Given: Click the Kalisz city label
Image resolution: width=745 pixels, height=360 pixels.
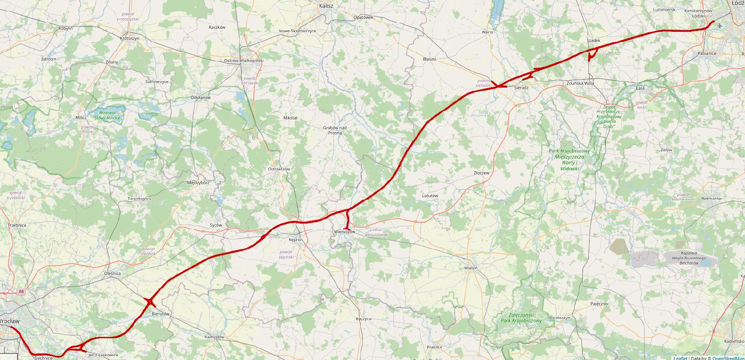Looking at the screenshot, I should [326, 6].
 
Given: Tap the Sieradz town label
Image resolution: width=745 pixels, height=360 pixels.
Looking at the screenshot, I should [521, 88].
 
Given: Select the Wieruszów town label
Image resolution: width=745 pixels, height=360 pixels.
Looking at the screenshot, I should [345, 232].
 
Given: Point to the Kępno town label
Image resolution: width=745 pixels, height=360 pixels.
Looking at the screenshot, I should [295, 240].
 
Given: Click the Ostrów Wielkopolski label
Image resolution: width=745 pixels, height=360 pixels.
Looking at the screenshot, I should [243, 61].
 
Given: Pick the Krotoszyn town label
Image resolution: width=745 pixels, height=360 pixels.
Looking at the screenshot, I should [129, 38].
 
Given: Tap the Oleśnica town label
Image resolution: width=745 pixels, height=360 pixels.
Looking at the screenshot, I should [112, 274].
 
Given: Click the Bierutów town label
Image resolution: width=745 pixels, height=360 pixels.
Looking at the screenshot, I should [160, 314].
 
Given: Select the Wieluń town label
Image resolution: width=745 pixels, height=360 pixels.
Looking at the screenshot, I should [471, 268].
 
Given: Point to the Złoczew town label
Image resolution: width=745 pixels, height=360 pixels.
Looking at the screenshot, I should [482, 173].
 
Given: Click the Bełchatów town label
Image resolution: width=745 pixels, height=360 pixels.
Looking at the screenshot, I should [712, 199].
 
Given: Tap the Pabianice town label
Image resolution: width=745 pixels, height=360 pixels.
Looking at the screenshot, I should [707, 54].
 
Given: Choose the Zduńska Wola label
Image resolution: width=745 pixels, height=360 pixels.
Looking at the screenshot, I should [580, 83].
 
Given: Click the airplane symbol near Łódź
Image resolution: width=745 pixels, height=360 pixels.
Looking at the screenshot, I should [719, 25].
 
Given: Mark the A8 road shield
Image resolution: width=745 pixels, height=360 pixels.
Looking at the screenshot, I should [21, 292].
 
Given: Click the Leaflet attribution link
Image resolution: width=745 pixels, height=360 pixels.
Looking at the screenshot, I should [680, 358].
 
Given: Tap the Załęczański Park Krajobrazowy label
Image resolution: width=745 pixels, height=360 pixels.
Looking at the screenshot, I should [521, 318].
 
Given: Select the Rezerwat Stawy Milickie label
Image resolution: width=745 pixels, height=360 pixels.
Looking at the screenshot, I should [106, 115].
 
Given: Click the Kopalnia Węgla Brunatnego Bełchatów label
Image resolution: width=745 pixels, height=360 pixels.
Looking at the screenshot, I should [689, 258].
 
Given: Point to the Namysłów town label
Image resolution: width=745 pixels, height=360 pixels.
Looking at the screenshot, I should [214, 337].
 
